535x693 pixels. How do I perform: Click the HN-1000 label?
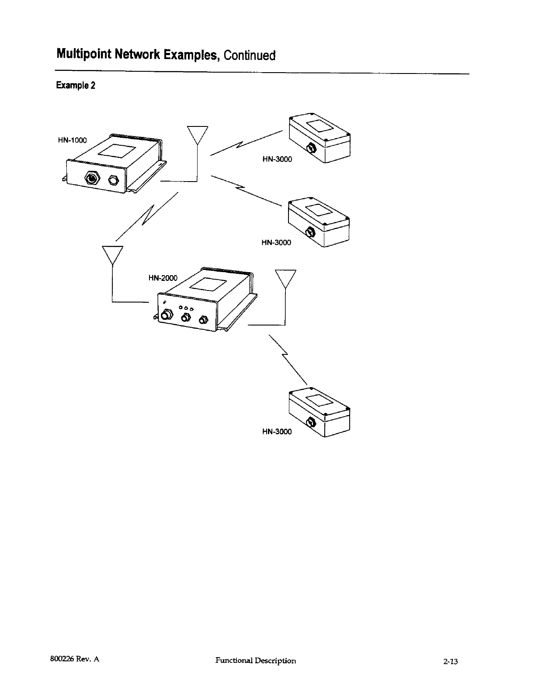(x=73, y=140)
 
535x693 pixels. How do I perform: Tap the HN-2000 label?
(x=163, y=278)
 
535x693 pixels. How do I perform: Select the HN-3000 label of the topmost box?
(x=277, y=159)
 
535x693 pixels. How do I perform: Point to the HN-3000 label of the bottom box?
(x=277, y=432)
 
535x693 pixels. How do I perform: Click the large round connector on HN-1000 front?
(x=92, y=179)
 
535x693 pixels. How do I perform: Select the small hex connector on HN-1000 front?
(x=113, y=180)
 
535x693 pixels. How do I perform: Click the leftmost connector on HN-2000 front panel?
(x=167, y=315)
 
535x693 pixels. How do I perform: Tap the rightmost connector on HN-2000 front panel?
(x=203, y=320)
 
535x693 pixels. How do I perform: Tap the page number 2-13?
(x=450, y=661)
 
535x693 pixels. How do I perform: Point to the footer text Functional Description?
(x=256, y=661)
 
